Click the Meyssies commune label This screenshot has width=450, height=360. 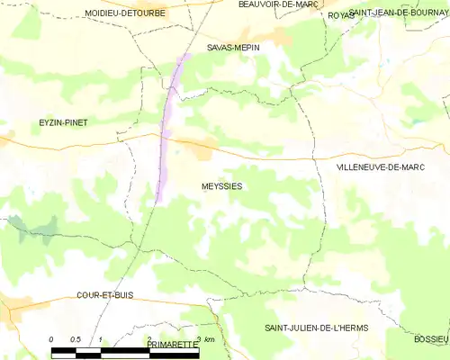[220, 186]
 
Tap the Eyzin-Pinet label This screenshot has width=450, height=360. [62, 122]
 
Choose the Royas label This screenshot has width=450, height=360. [340, 15]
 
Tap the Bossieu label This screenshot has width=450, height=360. [431, 338]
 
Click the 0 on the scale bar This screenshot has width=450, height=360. [51, 338]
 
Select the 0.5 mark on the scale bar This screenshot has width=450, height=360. [76, 338]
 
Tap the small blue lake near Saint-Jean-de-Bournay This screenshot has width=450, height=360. [415, 120]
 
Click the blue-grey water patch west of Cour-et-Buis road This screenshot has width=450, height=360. [31, 226]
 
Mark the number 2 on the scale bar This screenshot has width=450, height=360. [148, 338]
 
